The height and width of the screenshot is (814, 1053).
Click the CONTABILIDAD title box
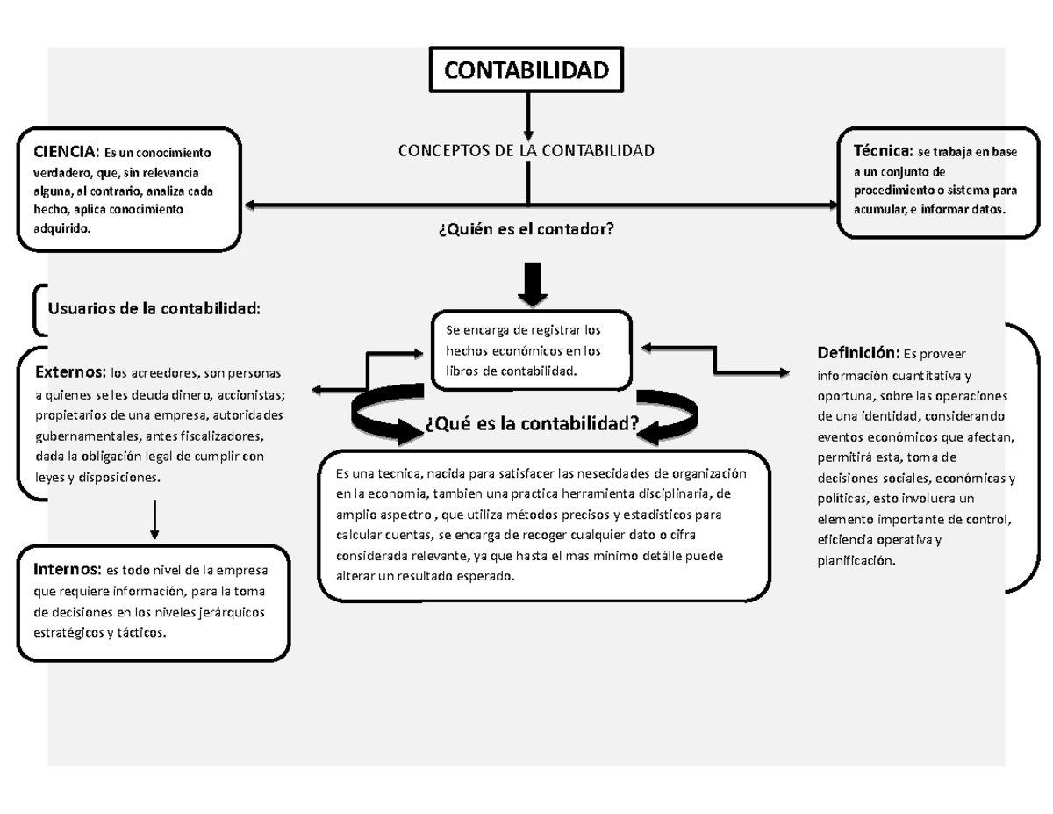(x=526, y=69)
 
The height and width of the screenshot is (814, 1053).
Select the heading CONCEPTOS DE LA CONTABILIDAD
(x=526, y=151)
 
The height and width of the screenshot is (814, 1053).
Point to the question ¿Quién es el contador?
(x=525, y=229)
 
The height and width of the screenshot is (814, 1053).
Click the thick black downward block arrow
(x=532, y=282)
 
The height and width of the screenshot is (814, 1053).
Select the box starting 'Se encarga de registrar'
(x=532, y=349)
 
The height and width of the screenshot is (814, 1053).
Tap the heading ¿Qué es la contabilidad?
(x=531, y=425)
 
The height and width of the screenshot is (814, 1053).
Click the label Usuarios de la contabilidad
(x=154, y=308)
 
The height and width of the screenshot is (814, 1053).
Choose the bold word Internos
(x=68, y=566)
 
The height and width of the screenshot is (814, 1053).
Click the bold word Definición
(x=857, y=353)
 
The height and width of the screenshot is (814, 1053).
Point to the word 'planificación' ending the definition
(x=856, y=560)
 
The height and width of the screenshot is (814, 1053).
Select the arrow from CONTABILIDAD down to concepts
(x=528, y=113)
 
